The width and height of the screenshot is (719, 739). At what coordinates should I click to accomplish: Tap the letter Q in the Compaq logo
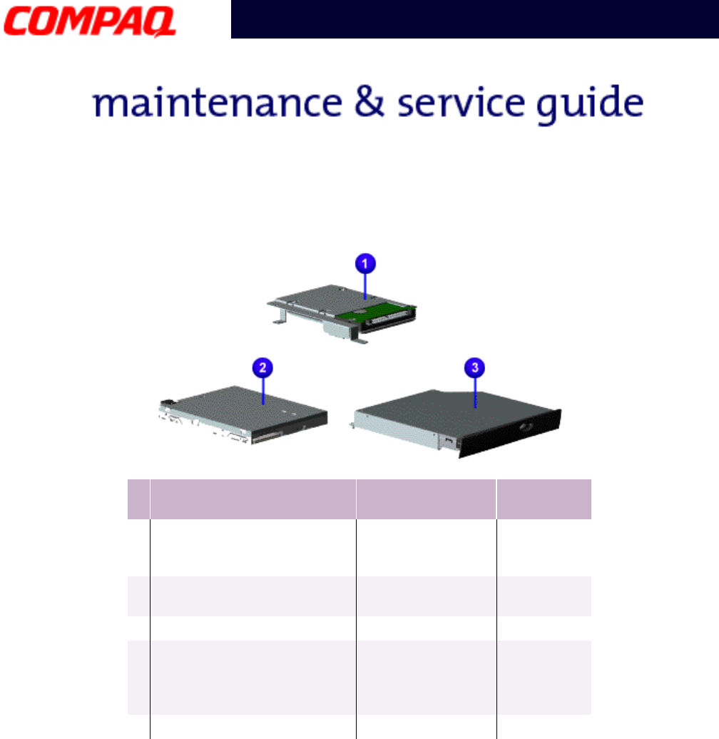point(160,21)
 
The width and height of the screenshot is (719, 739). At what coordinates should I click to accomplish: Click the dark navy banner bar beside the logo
point(474,19)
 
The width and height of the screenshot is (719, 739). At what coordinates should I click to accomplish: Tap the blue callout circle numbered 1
point(364,264)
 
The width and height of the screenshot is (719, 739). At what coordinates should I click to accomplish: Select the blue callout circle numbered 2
point(264,368)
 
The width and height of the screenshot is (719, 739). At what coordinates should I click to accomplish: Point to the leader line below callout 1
point(364,285)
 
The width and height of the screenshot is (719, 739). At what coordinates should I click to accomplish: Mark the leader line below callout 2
point(264,390)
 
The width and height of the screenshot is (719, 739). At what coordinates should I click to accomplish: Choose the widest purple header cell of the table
point(253,499)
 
